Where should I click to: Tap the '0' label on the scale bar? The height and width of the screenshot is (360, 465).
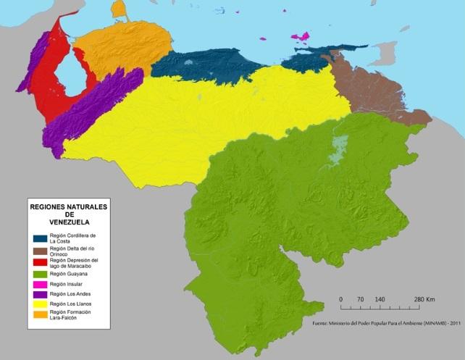tap(340, 299)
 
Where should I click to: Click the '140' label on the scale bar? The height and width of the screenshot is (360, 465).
tap(380, 299)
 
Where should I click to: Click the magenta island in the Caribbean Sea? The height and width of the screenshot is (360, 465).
tap(299, 36)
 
